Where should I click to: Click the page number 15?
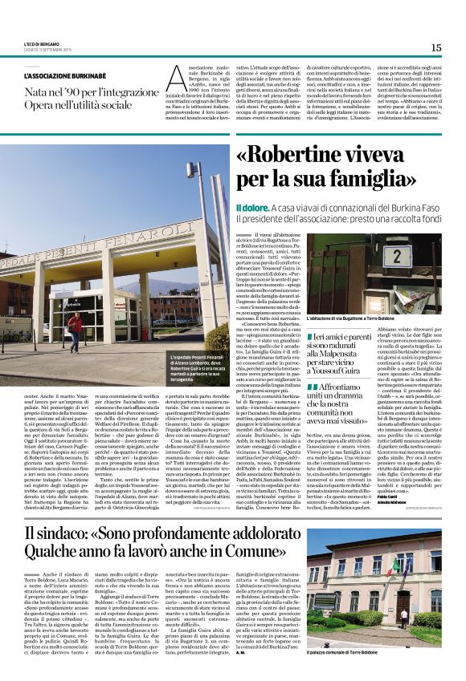click(x=435, y=47)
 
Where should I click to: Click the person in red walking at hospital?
click(x=75, y=330)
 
